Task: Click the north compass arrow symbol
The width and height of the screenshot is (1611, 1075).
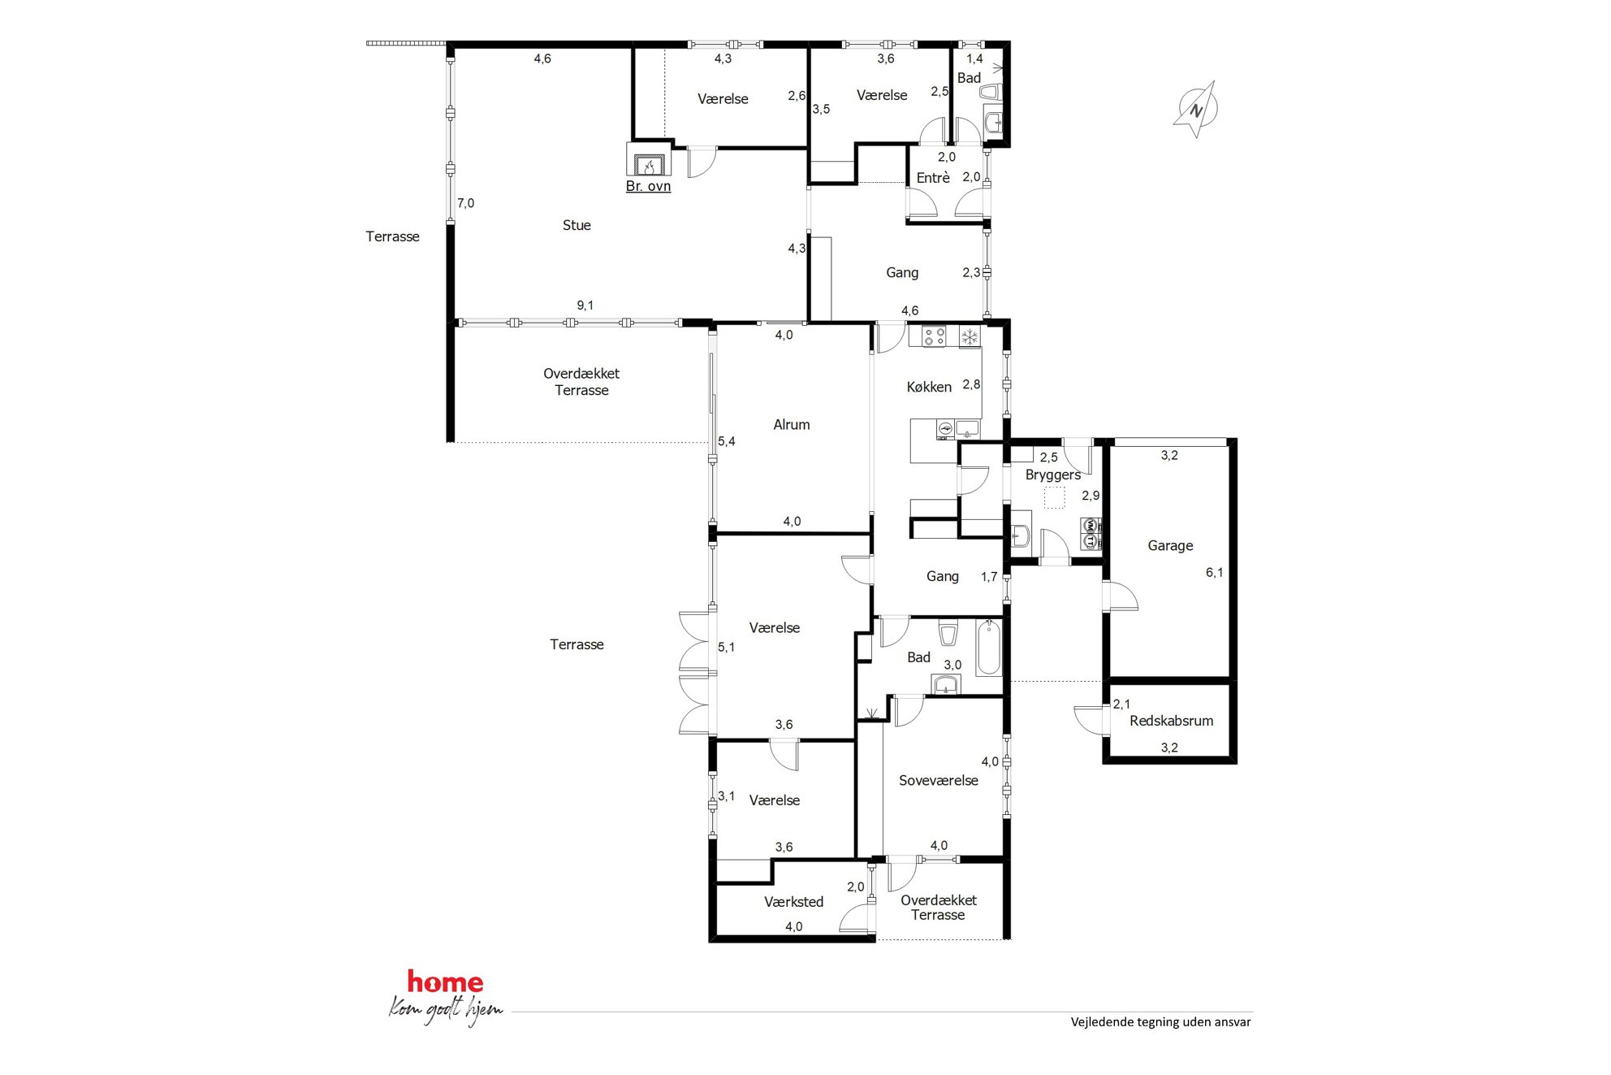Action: click(x=1196, y=109)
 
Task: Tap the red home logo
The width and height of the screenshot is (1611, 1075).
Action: click(x=445, y=982)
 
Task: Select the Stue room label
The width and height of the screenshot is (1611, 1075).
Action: click(x=577, y=225)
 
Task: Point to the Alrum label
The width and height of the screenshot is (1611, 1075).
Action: click(x=792, y=424)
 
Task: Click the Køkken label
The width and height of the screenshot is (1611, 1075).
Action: click(x=929, y=387)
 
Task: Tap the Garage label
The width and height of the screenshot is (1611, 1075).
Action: click(x=1170, y=545)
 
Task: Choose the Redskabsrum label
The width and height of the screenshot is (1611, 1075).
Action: click(x=1171, y=721)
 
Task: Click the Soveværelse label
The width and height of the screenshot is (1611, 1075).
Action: click(x=938, y=780)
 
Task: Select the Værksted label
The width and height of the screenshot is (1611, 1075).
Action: click(x=793, y=901)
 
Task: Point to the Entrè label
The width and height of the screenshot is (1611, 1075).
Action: click(x=933, y=177)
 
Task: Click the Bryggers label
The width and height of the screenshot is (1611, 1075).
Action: click(x=1052, y=475)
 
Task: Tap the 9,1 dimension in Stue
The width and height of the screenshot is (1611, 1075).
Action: click(x=585, y=306)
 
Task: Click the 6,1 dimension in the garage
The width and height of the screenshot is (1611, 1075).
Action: click(x=1214, y=572)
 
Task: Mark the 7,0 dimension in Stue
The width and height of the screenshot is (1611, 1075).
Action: click(x=465, y=203)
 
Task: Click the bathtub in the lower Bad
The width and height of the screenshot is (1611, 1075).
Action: click(x=988, y=648)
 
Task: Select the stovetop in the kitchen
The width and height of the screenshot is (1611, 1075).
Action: click(x=934, y=336)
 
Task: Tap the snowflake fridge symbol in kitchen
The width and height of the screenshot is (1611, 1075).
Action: click(x=970, y=336)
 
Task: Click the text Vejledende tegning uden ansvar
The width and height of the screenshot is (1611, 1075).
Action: click(x=1160, y=1022)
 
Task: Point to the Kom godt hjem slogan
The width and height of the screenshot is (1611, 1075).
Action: click(x=445, y=1010)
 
